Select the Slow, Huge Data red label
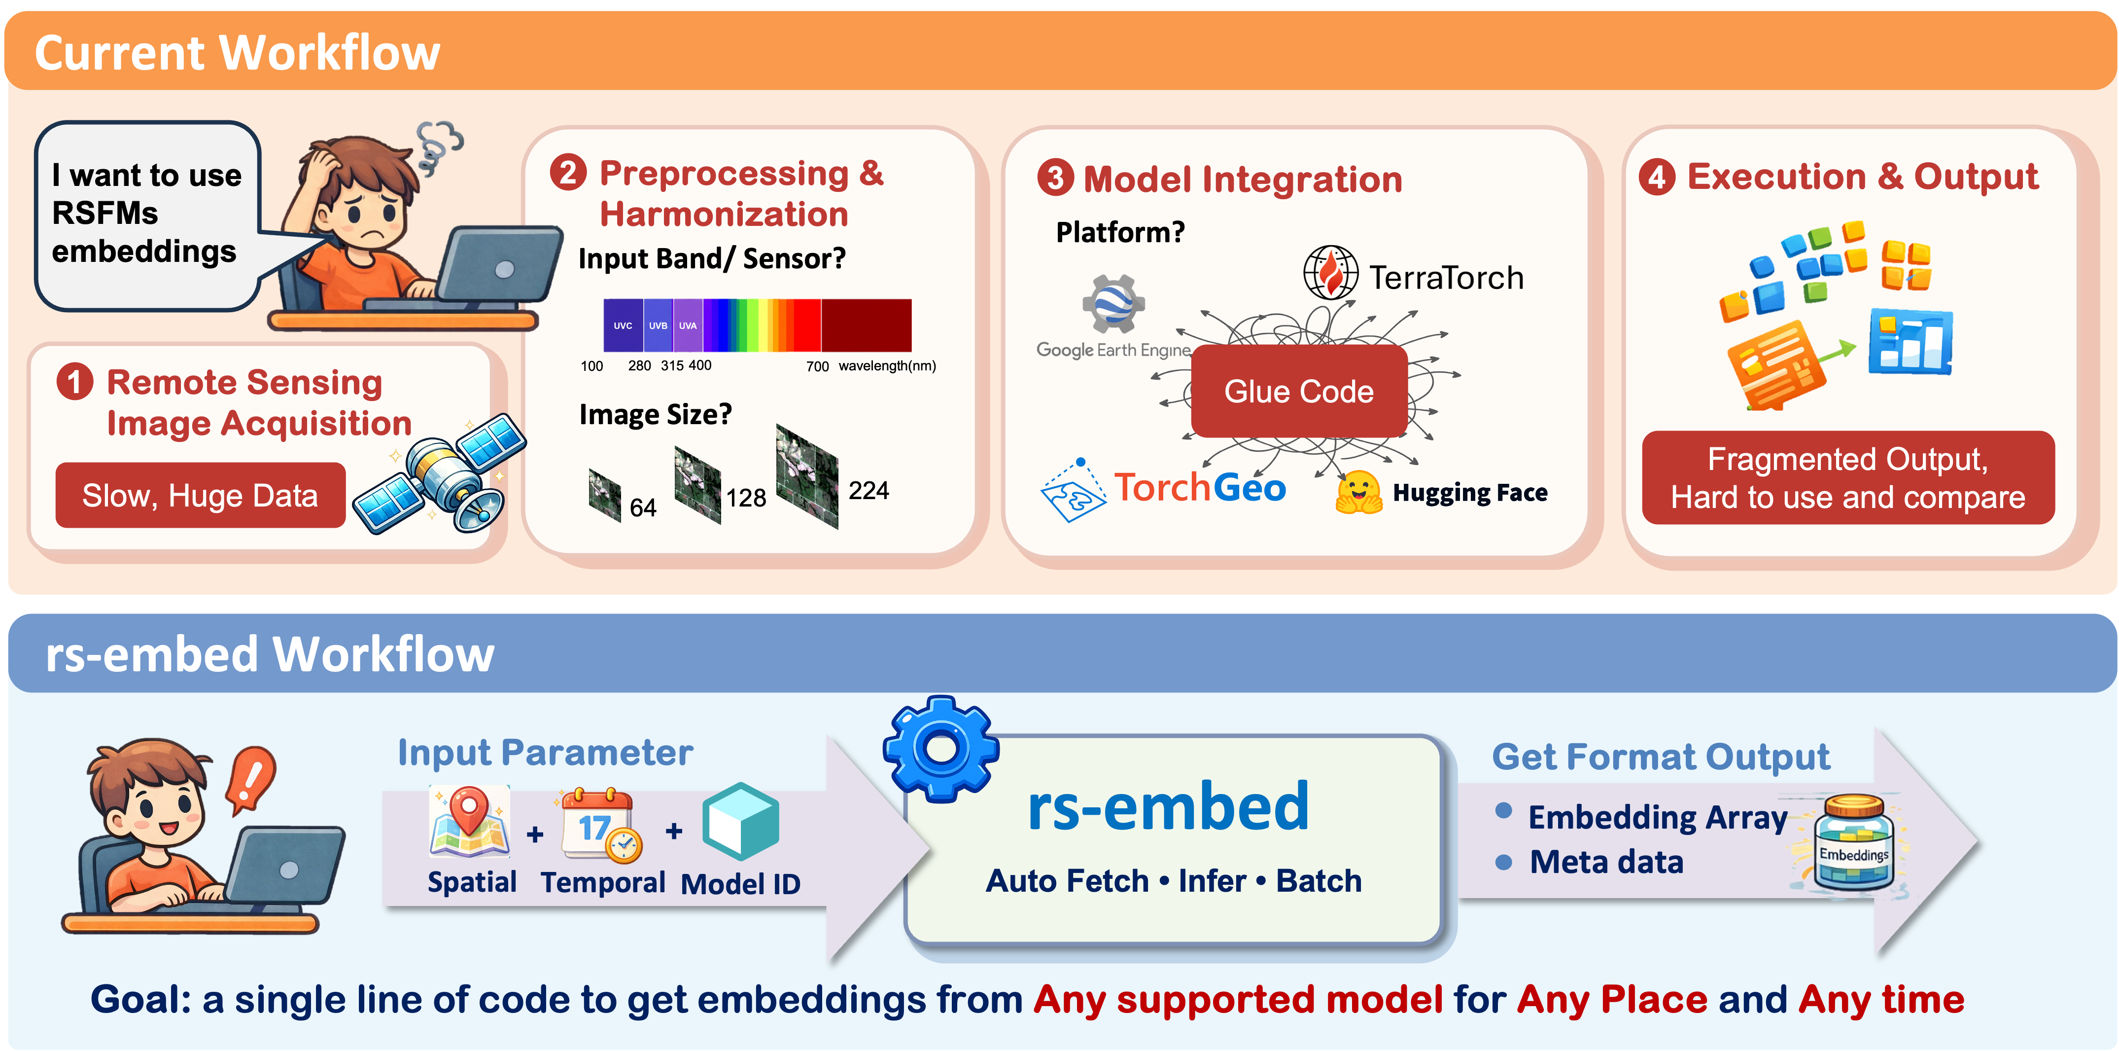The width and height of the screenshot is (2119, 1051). click(200, 496)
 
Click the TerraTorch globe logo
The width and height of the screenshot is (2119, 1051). click(1329, 273)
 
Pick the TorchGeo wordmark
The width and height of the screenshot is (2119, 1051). click(1199, 488)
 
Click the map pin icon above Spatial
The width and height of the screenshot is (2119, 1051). click(469, 821)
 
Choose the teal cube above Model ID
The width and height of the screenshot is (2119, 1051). click(740, 821)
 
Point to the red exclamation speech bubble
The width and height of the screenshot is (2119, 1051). click(251, 778)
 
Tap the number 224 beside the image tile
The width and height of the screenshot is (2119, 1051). click(868, 491)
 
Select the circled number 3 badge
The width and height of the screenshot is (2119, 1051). click(1055, 178)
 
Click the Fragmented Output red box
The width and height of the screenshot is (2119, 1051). click(1847, 477)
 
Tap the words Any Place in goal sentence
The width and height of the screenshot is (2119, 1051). click(1612, 1000)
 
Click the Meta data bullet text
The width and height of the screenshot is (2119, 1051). click(1606, 862)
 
